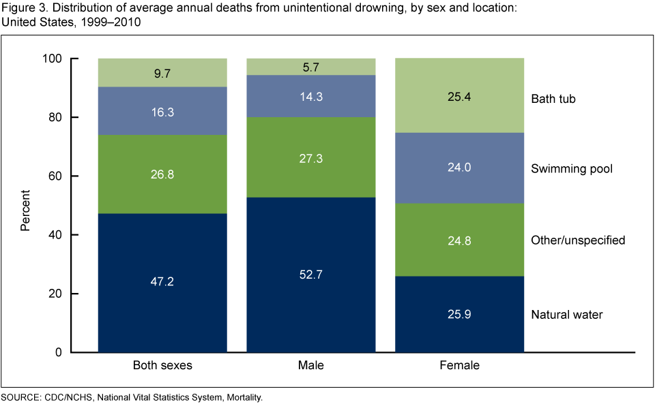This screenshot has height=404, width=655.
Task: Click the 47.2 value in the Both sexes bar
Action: pos(162,281)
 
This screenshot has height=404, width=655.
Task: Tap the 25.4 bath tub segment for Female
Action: pos(460,95)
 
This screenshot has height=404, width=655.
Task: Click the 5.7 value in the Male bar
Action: pos(311,67)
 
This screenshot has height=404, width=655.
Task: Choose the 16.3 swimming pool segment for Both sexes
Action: pos(162,111)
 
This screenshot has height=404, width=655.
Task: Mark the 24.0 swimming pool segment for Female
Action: pos(460,168)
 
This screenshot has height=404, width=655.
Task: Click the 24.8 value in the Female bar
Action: pos(460,240)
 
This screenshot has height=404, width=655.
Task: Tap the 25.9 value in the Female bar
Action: pos(460,315)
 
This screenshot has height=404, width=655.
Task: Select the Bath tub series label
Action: pos(553,99)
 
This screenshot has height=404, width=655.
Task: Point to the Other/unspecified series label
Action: pos(578,240)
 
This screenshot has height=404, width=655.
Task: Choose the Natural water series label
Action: pos(567,315)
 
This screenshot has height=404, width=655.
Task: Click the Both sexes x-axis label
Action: pos(162,365)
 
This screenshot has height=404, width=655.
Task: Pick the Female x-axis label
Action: pos(460,365)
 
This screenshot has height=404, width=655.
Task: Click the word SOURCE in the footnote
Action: pos(21,396)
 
